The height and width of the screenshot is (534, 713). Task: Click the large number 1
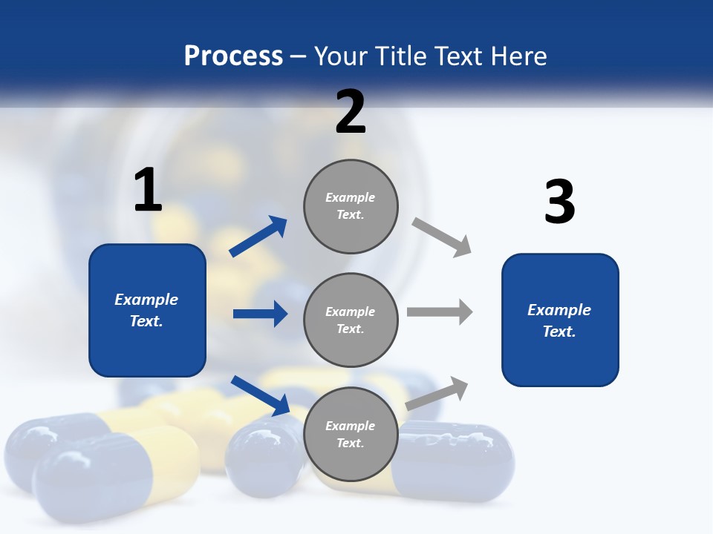click(148, 190)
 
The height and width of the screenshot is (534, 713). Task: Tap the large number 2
click(351, 112)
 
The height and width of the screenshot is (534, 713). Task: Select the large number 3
click(560, 202)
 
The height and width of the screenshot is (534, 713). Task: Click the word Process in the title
click(233, 56)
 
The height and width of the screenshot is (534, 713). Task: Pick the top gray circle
click(351, 206)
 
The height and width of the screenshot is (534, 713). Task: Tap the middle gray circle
click(351, 320)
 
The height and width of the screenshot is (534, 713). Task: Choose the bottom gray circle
click(351, 434)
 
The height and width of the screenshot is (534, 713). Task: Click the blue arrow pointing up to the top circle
click(258, 236)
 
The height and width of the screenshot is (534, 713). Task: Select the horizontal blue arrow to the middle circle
click(260, 314)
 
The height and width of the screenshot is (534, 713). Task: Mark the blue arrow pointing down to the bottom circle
click(261, 395)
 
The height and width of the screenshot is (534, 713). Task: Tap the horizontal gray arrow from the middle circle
click(440, 312)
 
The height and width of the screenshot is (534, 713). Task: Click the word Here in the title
click(520, 56)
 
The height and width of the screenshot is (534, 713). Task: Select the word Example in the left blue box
click(146, 300)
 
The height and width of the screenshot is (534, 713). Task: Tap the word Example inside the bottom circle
click(350, 426)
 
